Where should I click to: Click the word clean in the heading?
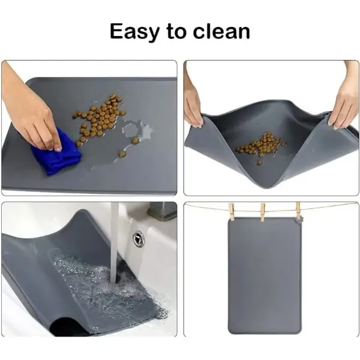pos(221,31)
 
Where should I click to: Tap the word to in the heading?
pos(176,31)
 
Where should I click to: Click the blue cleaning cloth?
pos(57,153)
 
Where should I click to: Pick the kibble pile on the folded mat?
pos(261,145)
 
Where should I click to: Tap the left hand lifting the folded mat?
pos(193,101)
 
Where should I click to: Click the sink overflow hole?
pos(139,239)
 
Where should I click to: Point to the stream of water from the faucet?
pos(115,244)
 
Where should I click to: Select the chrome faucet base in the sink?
pos(162,211)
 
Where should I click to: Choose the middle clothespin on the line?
pos(263,212)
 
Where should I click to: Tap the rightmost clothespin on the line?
pos(298,211)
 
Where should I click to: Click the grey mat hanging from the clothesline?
pos(264,275)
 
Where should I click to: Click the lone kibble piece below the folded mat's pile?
pos(260,163)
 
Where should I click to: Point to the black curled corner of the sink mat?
pos(69,326)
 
